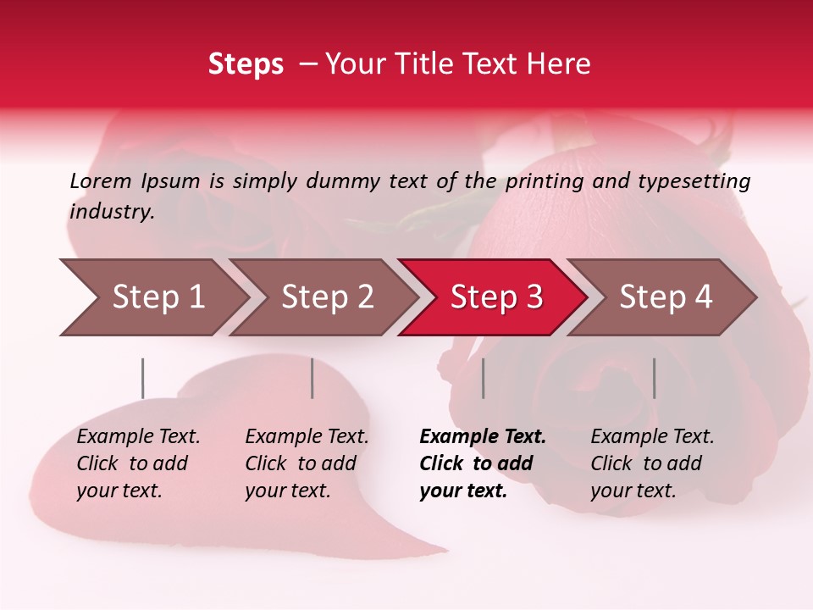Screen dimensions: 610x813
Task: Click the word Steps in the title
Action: [x=246, y=64]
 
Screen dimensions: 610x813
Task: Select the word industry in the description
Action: [x=112, y=212]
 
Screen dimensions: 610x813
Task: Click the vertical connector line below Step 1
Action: [x=143, y=378]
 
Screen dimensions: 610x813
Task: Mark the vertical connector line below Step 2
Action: [x=312, y=378]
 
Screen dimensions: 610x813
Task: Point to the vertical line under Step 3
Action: [x=483, y=378]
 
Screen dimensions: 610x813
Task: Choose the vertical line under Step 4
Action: [x=654, y=378]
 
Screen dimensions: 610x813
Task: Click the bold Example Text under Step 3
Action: [x=483, y=437]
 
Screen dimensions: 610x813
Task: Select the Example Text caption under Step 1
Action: [x=138, y=437]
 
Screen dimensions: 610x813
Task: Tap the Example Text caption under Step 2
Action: [x=307, y=437]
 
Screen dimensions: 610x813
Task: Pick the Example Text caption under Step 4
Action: [x=652, y=437]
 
